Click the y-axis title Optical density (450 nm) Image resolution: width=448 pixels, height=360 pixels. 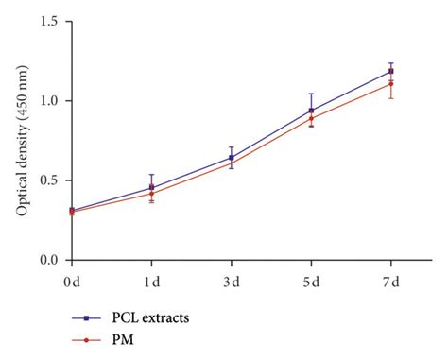pyautogui.click(x=21, y=140)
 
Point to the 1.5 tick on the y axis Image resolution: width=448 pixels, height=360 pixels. pyautogui.click(x=51, y=21)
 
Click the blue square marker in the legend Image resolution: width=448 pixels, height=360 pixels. pyautogui.click(x=86, y=318)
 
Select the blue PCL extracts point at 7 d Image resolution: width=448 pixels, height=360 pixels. pyautogui.click(x=391, y=71)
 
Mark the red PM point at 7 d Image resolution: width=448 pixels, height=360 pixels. pyautogui.click(x=391, y=83)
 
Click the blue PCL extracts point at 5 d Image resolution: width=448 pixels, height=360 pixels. pyautogui.click(x=311, y=111)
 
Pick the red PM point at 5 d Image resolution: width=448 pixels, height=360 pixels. pyautogui.click(x=311, y=118)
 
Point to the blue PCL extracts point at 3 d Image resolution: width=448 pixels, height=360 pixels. pyautogui.click(x=231, y=158)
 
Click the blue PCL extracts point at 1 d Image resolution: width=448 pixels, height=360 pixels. pyautogui.click(x=151, y=187)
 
